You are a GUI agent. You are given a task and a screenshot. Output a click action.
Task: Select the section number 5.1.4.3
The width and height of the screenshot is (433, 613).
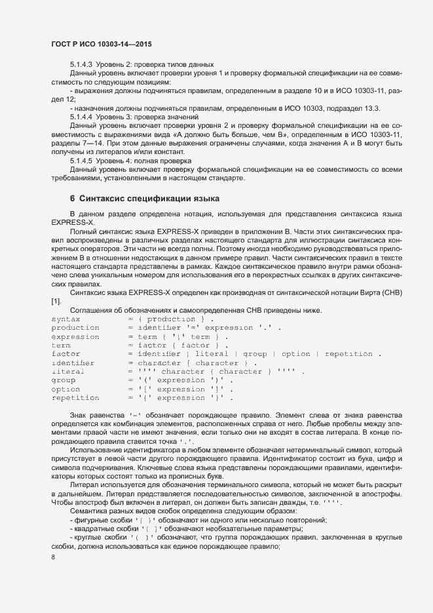coord(81,65)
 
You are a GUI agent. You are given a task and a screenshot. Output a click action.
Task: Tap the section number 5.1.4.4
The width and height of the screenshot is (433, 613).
coord(81,116)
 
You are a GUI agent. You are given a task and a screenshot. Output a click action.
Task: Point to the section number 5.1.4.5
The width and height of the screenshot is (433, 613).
coord(81,161)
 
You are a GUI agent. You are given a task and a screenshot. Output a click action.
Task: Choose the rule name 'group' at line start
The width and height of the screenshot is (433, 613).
coord(63,380)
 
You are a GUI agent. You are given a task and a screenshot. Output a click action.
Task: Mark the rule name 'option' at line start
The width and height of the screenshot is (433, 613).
coord(66,389)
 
